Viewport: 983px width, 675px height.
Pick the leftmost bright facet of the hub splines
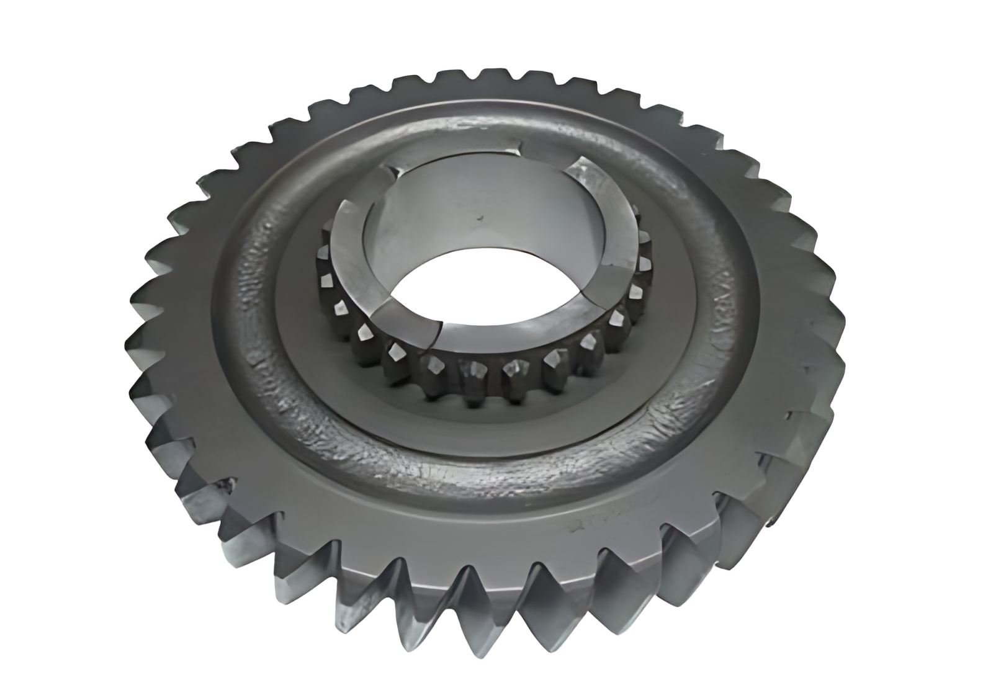(322, 251)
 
